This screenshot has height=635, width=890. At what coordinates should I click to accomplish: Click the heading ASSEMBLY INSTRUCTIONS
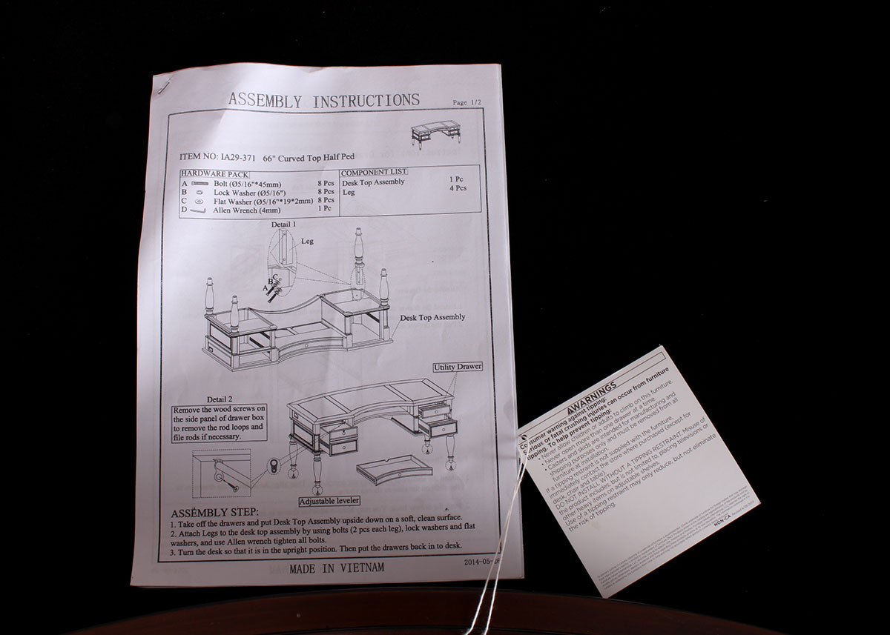click(323, 100)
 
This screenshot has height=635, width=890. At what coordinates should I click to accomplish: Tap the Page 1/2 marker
click(470, 103)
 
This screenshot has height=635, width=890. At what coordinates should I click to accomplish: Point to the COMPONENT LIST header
click(374, 172)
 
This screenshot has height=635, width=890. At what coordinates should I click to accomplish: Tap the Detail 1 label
click(283, 223)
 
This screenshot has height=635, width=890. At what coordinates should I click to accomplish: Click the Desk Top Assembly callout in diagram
click(432, 317)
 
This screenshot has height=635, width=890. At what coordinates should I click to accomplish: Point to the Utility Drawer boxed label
click(458, 367)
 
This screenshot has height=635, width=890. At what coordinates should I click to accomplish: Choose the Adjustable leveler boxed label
click(334, 501)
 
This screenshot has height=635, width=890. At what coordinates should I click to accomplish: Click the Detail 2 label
click(220, 399)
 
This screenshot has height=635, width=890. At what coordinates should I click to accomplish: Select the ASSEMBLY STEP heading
click(214, 513)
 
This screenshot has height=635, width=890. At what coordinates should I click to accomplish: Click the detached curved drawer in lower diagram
click(394, 469)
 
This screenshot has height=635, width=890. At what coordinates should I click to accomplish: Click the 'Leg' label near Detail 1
click(308, 242)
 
